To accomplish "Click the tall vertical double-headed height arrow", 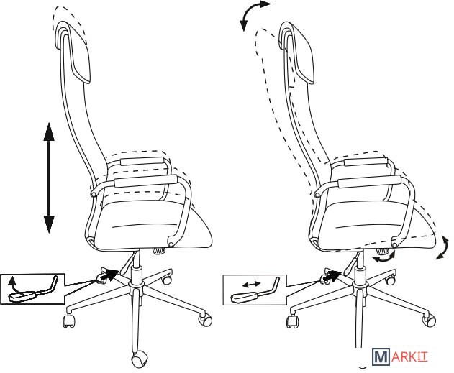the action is (49, 178).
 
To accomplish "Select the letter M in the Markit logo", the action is (381, 356).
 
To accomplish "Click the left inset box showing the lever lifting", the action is (32, 289).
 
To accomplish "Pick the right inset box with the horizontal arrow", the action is (255, 290).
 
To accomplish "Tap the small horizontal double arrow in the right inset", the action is (251, 285).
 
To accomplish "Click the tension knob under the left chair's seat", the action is (159, 250).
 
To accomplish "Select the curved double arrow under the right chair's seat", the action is (384, 257).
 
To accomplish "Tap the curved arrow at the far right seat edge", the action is (444, 248).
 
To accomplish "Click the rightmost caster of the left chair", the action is (205, 320).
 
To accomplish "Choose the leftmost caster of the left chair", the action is (69, 321).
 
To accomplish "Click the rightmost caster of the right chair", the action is (429, 320).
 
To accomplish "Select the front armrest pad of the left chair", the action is (145, 181).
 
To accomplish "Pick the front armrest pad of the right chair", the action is (369, 181).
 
